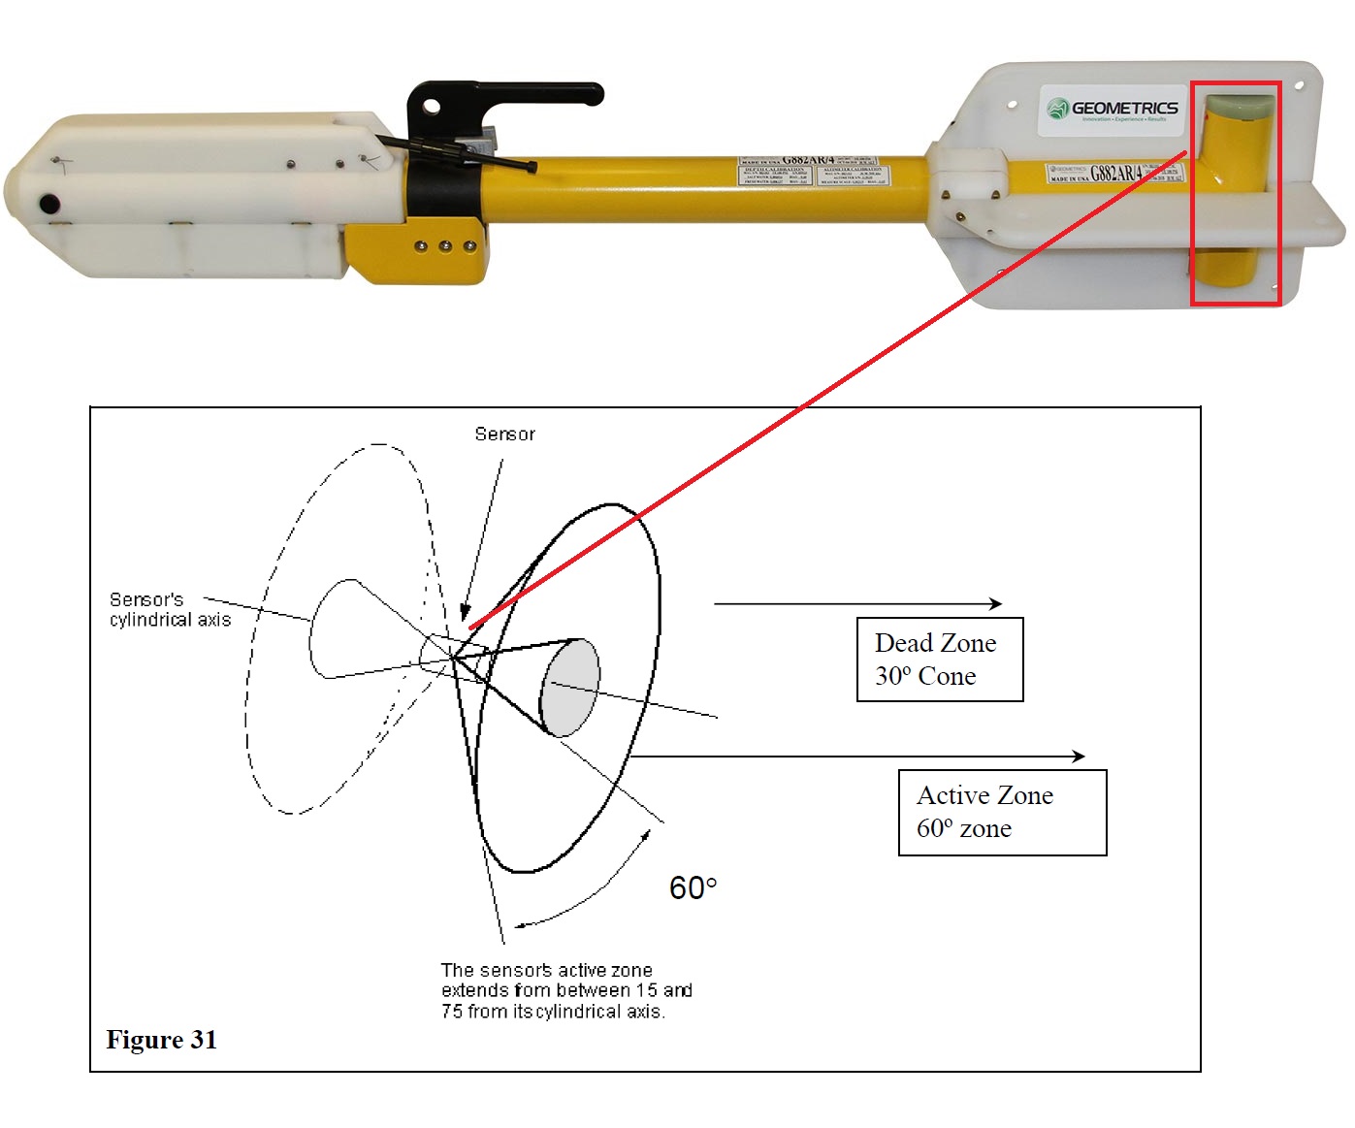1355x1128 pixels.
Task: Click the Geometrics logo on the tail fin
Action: point(1113,109)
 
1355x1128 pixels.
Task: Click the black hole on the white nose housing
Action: point(47,205)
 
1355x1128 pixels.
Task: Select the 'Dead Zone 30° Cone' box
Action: point(939,660)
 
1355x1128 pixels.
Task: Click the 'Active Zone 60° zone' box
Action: point(1002,812)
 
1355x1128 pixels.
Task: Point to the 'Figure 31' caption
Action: point(161,1040)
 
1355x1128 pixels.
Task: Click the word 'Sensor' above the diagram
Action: point(504,435)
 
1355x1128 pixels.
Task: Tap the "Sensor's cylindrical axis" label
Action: point(170,609)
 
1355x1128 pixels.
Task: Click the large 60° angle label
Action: point(693,887)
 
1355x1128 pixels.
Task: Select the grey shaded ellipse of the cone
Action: point(569,688)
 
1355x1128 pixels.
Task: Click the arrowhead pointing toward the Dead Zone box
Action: point(995,603)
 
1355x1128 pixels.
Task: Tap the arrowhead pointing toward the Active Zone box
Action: point(1079,756)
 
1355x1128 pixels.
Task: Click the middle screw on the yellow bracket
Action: point(445,246)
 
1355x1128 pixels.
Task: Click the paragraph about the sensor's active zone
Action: point(565,990)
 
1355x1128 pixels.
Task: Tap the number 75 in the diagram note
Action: point(451,1011)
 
